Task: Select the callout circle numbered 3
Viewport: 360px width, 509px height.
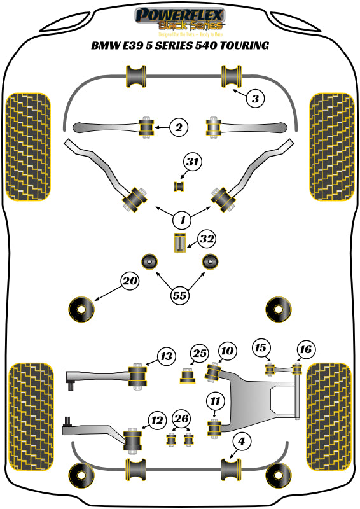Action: (x=254, y=99)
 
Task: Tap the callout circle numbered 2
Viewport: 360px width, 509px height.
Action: (x=179, y=128)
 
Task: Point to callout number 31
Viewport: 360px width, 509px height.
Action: (x=192, y=163)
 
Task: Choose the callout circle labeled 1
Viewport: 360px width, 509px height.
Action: (x=183, y=220)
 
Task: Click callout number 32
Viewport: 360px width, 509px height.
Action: (x=206, y=240)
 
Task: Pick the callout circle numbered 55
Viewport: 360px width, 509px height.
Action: (x=180, y=295)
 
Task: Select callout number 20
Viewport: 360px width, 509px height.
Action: (x=130, y=281)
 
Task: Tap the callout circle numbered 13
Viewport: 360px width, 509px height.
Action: (x=166, y=357)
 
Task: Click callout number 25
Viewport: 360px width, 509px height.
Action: (x=200, y=353)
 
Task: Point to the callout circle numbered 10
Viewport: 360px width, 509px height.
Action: (x=227, y=351)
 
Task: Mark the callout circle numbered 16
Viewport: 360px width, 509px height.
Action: (x=306, y=349)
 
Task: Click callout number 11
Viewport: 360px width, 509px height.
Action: (x=216, y=401)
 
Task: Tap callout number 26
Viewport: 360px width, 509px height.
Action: (x=181, y=418)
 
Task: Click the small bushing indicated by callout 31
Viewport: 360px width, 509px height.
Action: (x=179, y=186)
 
